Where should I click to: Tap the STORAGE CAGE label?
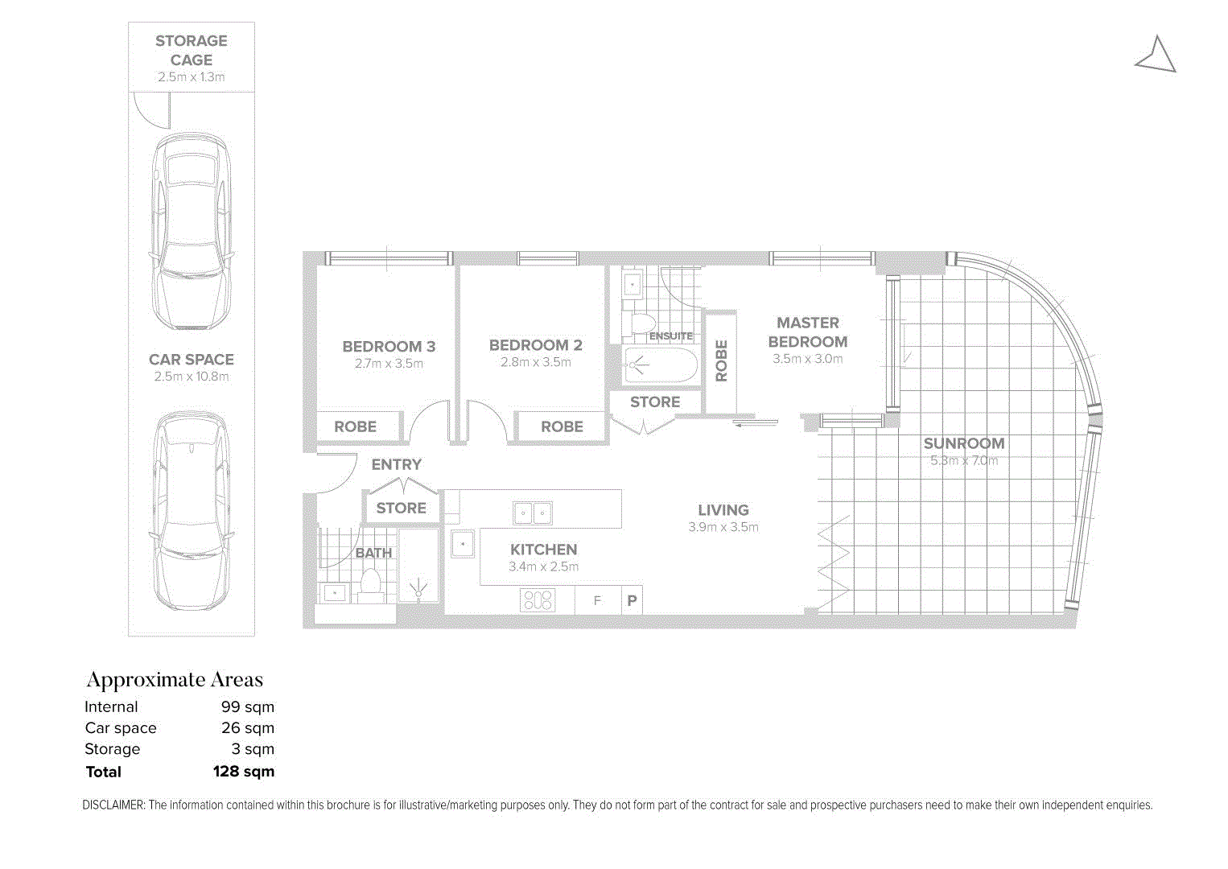click(x=192, y=50)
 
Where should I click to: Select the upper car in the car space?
click(x=192, y=231)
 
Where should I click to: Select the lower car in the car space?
click(x=192, y=511)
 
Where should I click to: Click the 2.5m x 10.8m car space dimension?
click(x=192, y=377)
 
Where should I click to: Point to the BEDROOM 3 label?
click(x=389, y=347)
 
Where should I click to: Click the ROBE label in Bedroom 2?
click(x=562, y=427)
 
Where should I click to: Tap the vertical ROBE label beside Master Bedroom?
click(x=721, y=360)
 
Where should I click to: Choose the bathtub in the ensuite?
click(x=661, y=366)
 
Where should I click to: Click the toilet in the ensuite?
click(x=641, y=323)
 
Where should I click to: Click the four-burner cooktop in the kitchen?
click(x=537, y=600)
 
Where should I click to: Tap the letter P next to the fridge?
click(x=632, y=601)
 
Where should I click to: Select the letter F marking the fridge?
click(x=597, y=601)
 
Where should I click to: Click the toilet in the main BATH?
click(x=371, y=582)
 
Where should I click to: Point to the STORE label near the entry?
click(x=401, y=509)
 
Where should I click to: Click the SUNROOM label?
click(x=963, y=443)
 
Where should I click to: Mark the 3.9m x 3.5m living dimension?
click(x=723, y=528)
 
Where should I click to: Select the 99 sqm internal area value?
click(x=247, y=707)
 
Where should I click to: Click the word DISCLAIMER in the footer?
click(x=113, y=805)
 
